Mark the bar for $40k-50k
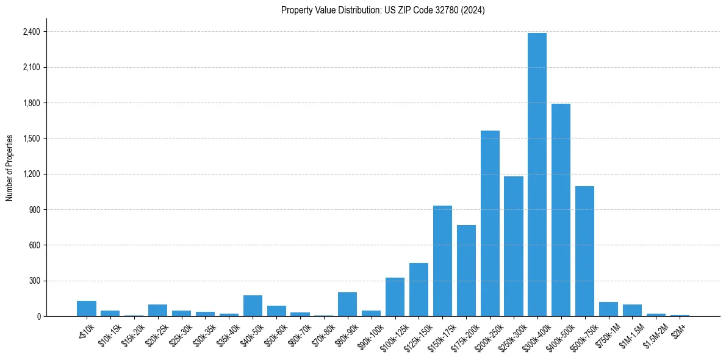tap(253, 306)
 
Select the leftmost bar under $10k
tap(87, 309)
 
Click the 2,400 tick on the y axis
tap(31, 32)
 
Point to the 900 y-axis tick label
tap(34, 210)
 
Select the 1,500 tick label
tap(31, 139)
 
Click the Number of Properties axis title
tap(9, 168)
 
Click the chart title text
tap(383, 10)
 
